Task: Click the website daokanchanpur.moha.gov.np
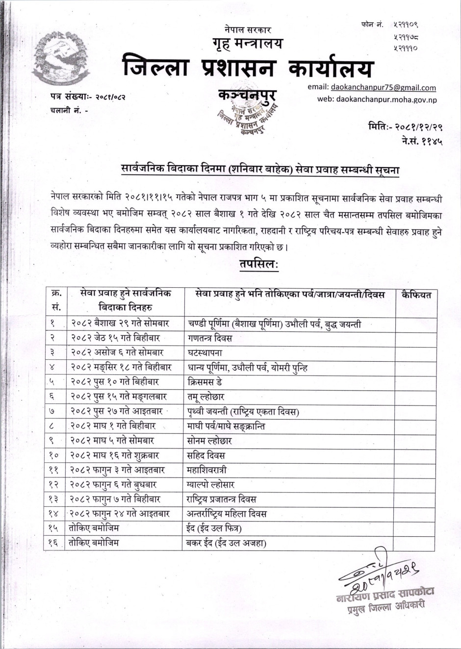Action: point(386,99)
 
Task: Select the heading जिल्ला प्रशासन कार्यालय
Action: point(248,68)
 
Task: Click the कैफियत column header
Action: point(416,295)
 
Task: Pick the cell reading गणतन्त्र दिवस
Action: point(210,338)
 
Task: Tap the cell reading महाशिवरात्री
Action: point(207,470)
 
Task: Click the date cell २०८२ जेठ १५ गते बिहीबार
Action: point(115,338)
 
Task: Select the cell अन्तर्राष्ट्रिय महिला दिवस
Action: point(227,514)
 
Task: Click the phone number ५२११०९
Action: point(405,25)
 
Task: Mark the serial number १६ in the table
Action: point(54,543)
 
